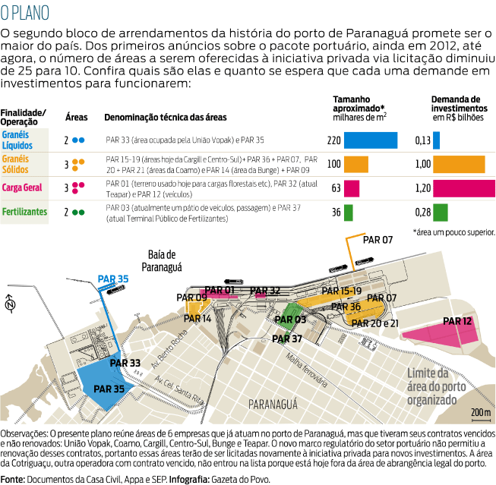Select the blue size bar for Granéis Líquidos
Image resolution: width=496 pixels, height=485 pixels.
tap(371, 140)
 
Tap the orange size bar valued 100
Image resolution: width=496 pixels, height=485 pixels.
tap(355, 164)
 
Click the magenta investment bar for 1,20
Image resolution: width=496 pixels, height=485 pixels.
tap(463, 188)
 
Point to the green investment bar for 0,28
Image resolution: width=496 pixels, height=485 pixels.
tap(441, 213)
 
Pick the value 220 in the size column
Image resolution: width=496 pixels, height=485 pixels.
tap(333, 140)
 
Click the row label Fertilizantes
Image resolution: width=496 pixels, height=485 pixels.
tap(24, 212)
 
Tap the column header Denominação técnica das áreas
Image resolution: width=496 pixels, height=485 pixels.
tap(165, 118)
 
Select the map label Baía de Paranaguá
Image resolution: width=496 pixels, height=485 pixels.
tap(162, 260)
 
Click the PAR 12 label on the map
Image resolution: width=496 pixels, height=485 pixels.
tap(457, 321)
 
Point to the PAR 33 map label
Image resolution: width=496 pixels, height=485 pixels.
tap(125, 364)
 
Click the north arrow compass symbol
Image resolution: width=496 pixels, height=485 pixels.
tap(10, 305)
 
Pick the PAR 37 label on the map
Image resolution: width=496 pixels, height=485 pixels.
tap(287, 339)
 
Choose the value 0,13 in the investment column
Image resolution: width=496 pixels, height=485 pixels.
tap(423, 140)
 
